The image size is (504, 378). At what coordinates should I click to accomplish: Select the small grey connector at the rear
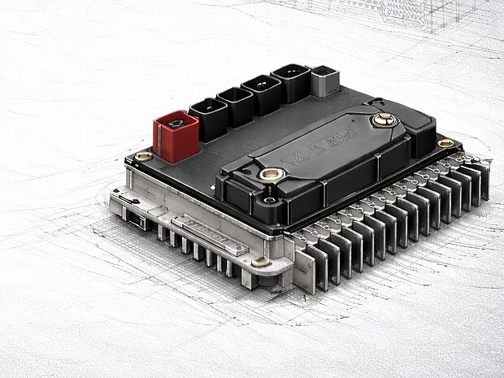(x=325, y=80)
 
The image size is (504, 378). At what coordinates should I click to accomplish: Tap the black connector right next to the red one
(x=209, y=119)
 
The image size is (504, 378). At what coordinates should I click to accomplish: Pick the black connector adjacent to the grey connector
(x=291, y=83)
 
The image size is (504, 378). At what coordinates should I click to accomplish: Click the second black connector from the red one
(x=236, y=106)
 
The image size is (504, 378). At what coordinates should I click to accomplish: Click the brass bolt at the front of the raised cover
(x=272, y=174)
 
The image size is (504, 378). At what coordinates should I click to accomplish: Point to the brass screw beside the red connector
(x=144, y=155)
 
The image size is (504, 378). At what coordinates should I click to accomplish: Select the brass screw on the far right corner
(x=445, y=143)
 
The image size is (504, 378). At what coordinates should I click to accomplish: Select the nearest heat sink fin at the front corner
(x=302, y=264)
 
